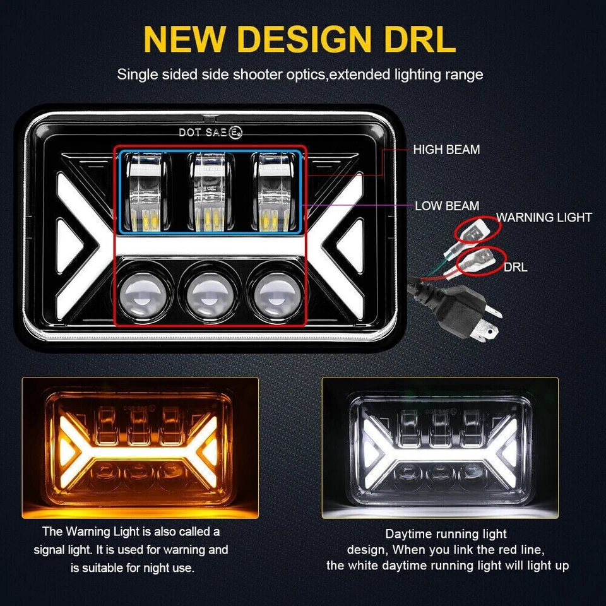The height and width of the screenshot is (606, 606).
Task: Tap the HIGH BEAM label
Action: [x=446, y=150]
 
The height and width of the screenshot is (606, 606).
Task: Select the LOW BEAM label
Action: [x=447, y=206]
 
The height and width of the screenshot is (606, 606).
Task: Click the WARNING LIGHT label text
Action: [x=544, y=218]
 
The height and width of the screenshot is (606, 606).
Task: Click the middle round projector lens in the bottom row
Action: [x=208, y=291]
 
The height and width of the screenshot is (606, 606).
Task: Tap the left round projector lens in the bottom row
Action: [x=142, y=291]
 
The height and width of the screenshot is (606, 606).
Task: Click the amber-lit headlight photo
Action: [x=140, y=447]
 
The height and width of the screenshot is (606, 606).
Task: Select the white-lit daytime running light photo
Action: [x=440, y=447]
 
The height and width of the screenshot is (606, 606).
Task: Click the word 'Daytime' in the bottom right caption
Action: [x=410, y=534]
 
